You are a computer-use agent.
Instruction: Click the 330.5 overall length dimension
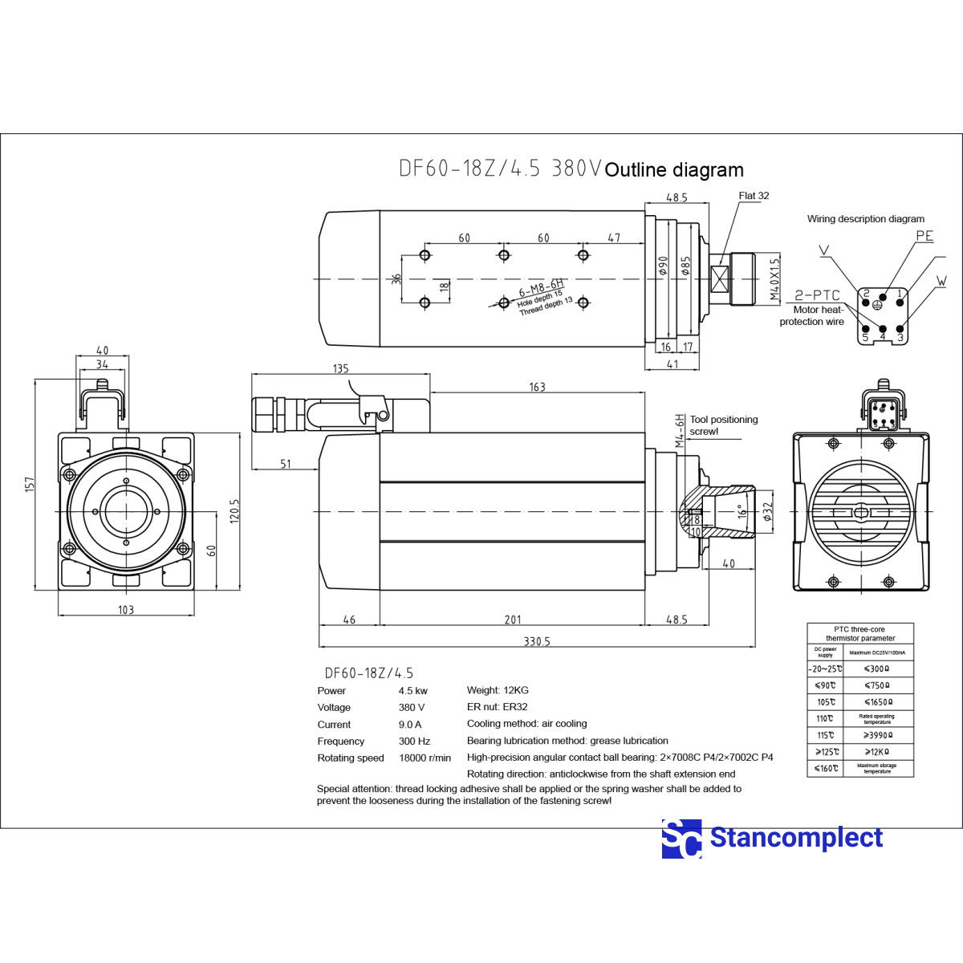(537, 641)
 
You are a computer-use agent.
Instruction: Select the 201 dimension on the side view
(513, 620)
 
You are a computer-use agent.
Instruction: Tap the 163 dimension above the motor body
(537, 387)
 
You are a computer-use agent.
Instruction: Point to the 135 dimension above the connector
(340, 368)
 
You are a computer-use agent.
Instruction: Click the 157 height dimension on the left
(30, 484)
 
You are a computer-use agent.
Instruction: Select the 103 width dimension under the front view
(126, 610)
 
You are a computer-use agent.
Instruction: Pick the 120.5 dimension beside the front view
(234, 510)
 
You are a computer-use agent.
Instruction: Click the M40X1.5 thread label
(774, 278)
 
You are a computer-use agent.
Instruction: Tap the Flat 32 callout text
(754, 196)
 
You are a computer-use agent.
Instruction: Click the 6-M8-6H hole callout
(541, 288)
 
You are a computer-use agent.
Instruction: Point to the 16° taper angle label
(742, 510)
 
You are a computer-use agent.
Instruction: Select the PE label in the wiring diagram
(924, 236)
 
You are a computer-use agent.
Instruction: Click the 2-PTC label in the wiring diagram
(817, 295)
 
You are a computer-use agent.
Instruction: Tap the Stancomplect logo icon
(681, 839)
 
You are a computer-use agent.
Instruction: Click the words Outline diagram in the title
(674, 170)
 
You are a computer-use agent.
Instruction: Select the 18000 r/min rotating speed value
(425, 758)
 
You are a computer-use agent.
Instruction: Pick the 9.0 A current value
(410, 724)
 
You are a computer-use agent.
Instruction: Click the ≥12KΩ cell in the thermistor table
(877, 752)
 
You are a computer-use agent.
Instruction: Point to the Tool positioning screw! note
(723, 425)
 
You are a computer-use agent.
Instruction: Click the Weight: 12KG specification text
(498, 690)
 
